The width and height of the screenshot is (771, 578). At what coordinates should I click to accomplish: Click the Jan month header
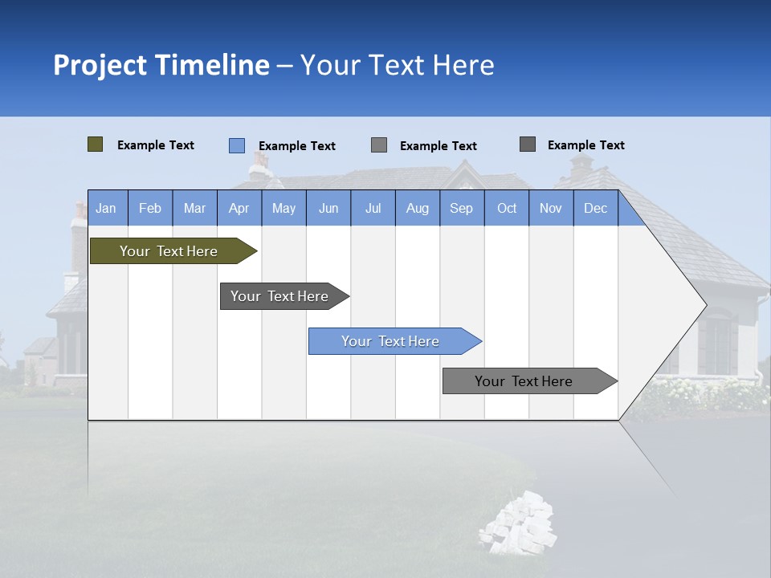click(106, 208)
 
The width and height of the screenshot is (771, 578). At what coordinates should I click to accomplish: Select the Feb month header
click(150, 208)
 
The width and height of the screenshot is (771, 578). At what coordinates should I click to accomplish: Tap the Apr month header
click(239, 208)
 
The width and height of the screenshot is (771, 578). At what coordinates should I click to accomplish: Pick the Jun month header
click(328, 208)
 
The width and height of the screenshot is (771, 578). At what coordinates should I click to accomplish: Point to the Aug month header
click(417, 208)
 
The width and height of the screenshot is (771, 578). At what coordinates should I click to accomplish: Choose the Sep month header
click(461, 208)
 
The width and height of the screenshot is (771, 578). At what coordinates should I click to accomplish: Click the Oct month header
click(507, 208)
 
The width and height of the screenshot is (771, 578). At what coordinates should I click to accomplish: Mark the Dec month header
click(595, 208)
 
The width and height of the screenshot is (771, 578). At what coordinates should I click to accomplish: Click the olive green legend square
click(96, 144)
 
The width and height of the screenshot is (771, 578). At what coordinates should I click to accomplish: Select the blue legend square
click(237, 145)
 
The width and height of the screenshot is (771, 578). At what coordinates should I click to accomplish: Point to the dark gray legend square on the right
click(528, 144)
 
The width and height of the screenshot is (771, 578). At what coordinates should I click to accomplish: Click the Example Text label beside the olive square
click(156, 145)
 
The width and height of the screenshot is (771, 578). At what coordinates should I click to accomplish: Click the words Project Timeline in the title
click(161, 65)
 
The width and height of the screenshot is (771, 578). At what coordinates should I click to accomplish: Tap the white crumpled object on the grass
click(518, 523)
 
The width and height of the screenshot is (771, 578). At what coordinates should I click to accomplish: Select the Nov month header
click(551, 208)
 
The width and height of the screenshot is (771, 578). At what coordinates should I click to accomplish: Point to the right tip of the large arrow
click(704, 305)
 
